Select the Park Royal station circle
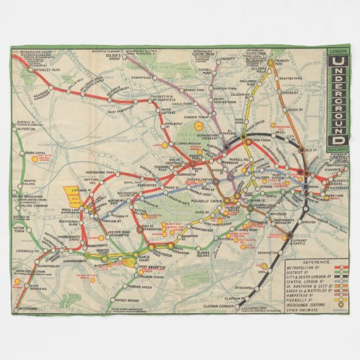coord(20,154)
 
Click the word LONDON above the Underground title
coord(338,52)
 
